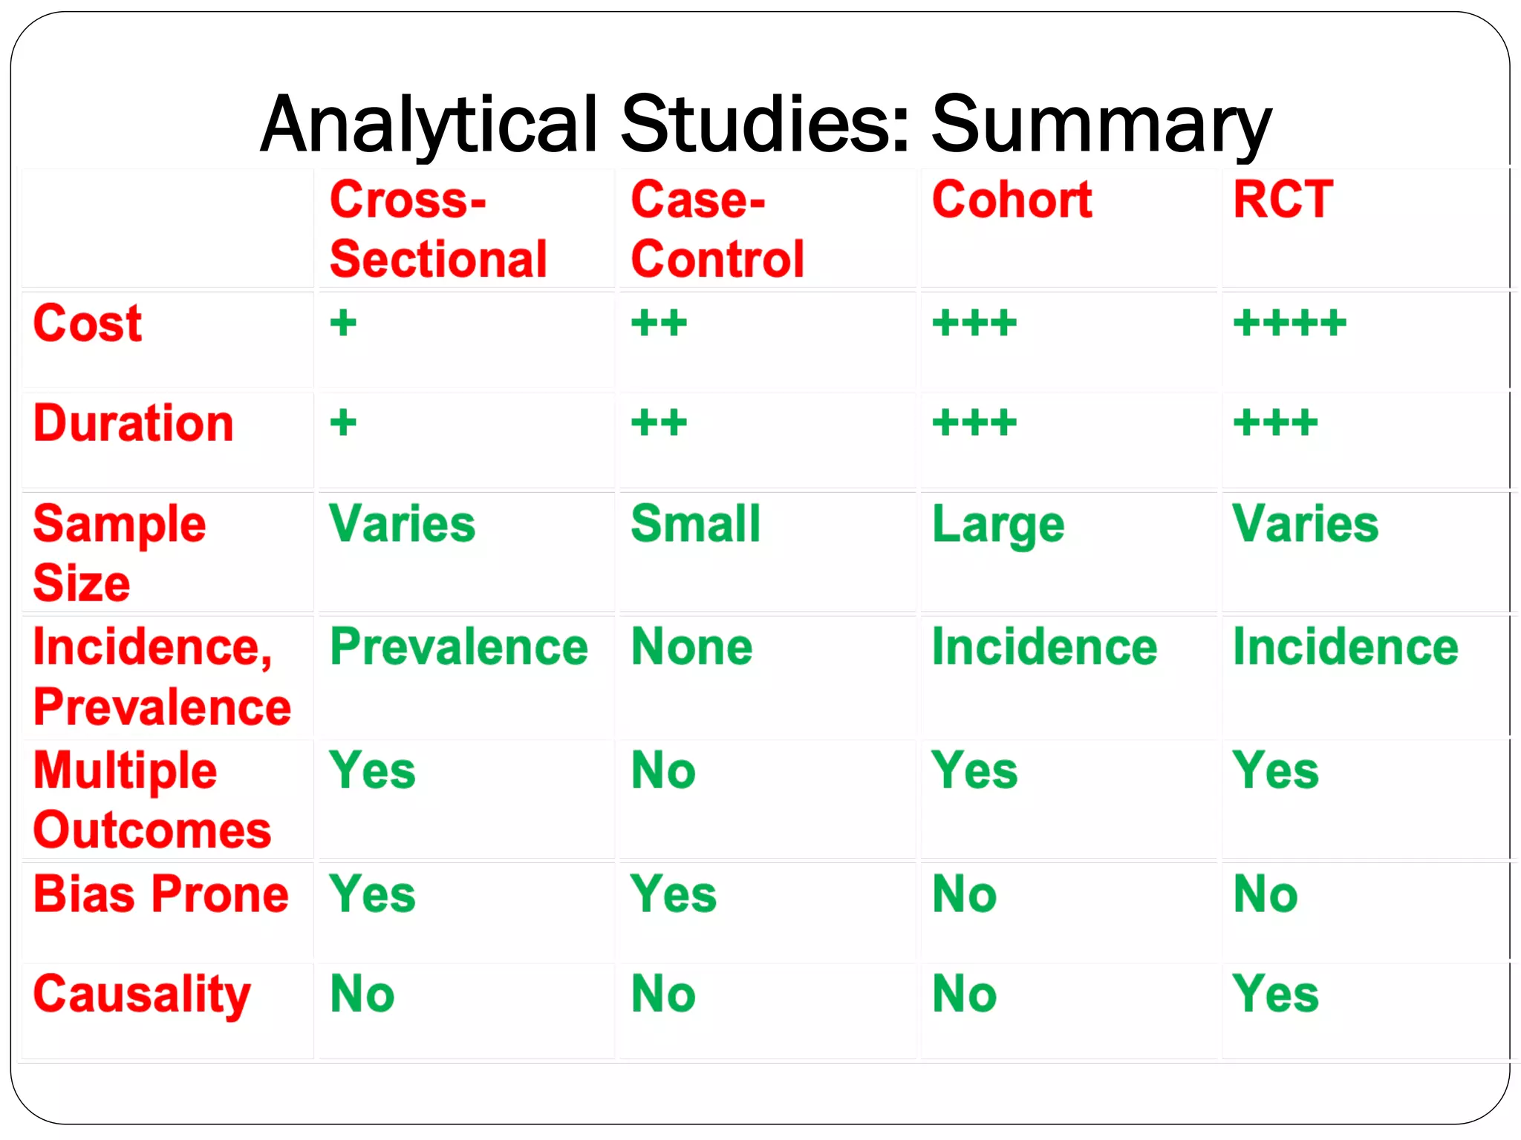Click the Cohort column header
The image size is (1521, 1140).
click(1012, 200)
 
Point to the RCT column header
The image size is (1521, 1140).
click(1283, 200)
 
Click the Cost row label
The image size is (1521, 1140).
click(88, 324)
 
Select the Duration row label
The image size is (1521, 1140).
click(134, 423)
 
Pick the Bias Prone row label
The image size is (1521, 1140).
click(161, 894)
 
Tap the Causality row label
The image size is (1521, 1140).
click(142, 995)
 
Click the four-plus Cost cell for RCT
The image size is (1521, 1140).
click(1289, 324)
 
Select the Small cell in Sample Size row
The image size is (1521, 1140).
click(695, 524)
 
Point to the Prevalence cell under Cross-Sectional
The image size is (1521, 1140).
click(459, 647)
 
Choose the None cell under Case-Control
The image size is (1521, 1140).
click(691, 647)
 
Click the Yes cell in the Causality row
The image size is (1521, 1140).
click(1275, 995)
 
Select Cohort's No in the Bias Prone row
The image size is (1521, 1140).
click(964, 894)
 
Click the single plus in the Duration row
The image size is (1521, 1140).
click(343, 423)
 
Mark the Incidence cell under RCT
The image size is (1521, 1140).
click(1345, 647)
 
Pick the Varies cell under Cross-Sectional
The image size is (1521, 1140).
click(402, 524)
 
